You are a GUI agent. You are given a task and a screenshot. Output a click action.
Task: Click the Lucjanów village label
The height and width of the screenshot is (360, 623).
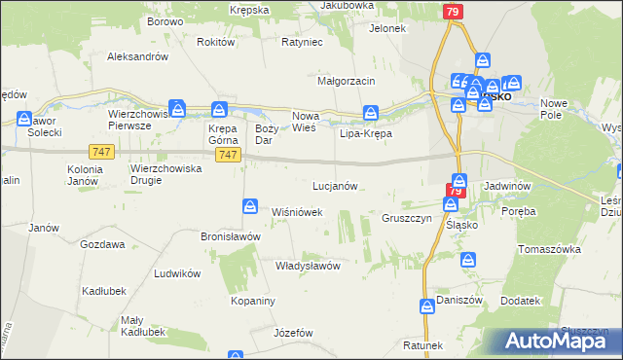(x=336, y=185)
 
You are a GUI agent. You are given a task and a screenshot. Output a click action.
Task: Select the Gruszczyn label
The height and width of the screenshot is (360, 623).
(x=406, y=219)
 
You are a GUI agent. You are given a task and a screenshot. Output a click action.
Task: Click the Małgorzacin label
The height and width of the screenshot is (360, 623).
(x=347, y=80)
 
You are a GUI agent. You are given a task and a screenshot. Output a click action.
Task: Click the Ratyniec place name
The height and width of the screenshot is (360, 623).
(x=301, y=43)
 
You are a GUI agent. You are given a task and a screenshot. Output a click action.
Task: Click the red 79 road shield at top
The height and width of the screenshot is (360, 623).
(x=452, y=12)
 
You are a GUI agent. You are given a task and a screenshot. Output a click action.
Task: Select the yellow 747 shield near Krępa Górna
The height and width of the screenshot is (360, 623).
(x=229, y=156)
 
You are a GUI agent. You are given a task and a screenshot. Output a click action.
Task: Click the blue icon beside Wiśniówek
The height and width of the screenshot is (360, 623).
(x=250, y=206)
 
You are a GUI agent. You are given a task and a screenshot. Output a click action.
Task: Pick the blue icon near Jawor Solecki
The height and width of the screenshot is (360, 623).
(x=24, y=119)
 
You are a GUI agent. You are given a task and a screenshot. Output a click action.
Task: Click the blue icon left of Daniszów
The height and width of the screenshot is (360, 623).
(x=426, y=306)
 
